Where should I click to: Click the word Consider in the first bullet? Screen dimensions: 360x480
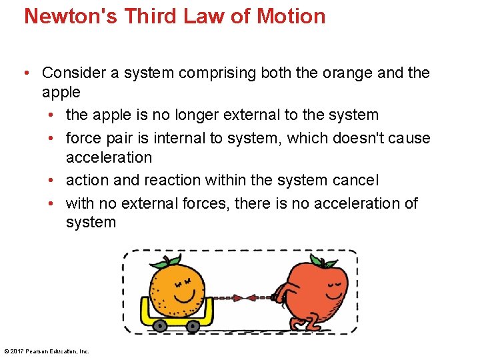(72, 72)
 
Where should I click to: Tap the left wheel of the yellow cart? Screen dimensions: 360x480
(160, 326)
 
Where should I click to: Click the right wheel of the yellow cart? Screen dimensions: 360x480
(193, 326)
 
